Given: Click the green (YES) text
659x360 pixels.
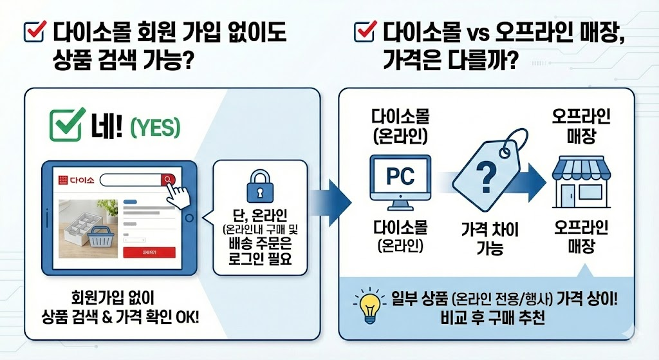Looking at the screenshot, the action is click(x=155, y=129).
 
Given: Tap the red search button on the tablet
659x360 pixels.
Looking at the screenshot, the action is click(x=168, y=180).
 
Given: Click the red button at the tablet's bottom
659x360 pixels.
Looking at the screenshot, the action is click(x=149, y=252).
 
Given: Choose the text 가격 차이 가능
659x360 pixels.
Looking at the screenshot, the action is click(x=490, y=238).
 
